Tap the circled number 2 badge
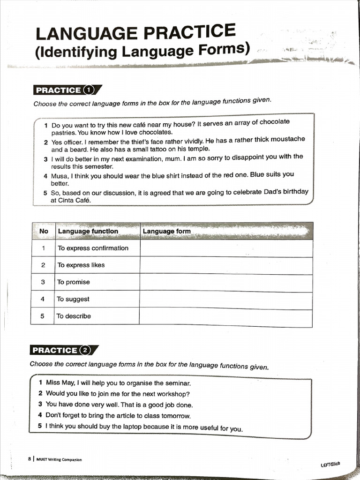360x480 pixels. click(85, 350)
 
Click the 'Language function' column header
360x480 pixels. click(88, 231)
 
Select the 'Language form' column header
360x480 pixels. click(167, 231)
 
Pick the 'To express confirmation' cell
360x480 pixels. click(93, 248)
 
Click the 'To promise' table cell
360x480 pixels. click(73, 282)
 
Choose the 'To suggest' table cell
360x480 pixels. click(73, 299)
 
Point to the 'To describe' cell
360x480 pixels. click(74, 316)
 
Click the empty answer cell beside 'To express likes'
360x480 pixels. click(226, 265)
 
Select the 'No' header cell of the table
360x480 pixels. click(44, 231)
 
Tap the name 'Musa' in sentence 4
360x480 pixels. click(60, 176)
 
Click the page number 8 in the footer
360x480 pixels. click(30, 459)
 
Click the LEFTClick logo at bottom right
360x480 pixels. click(330, 464)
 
